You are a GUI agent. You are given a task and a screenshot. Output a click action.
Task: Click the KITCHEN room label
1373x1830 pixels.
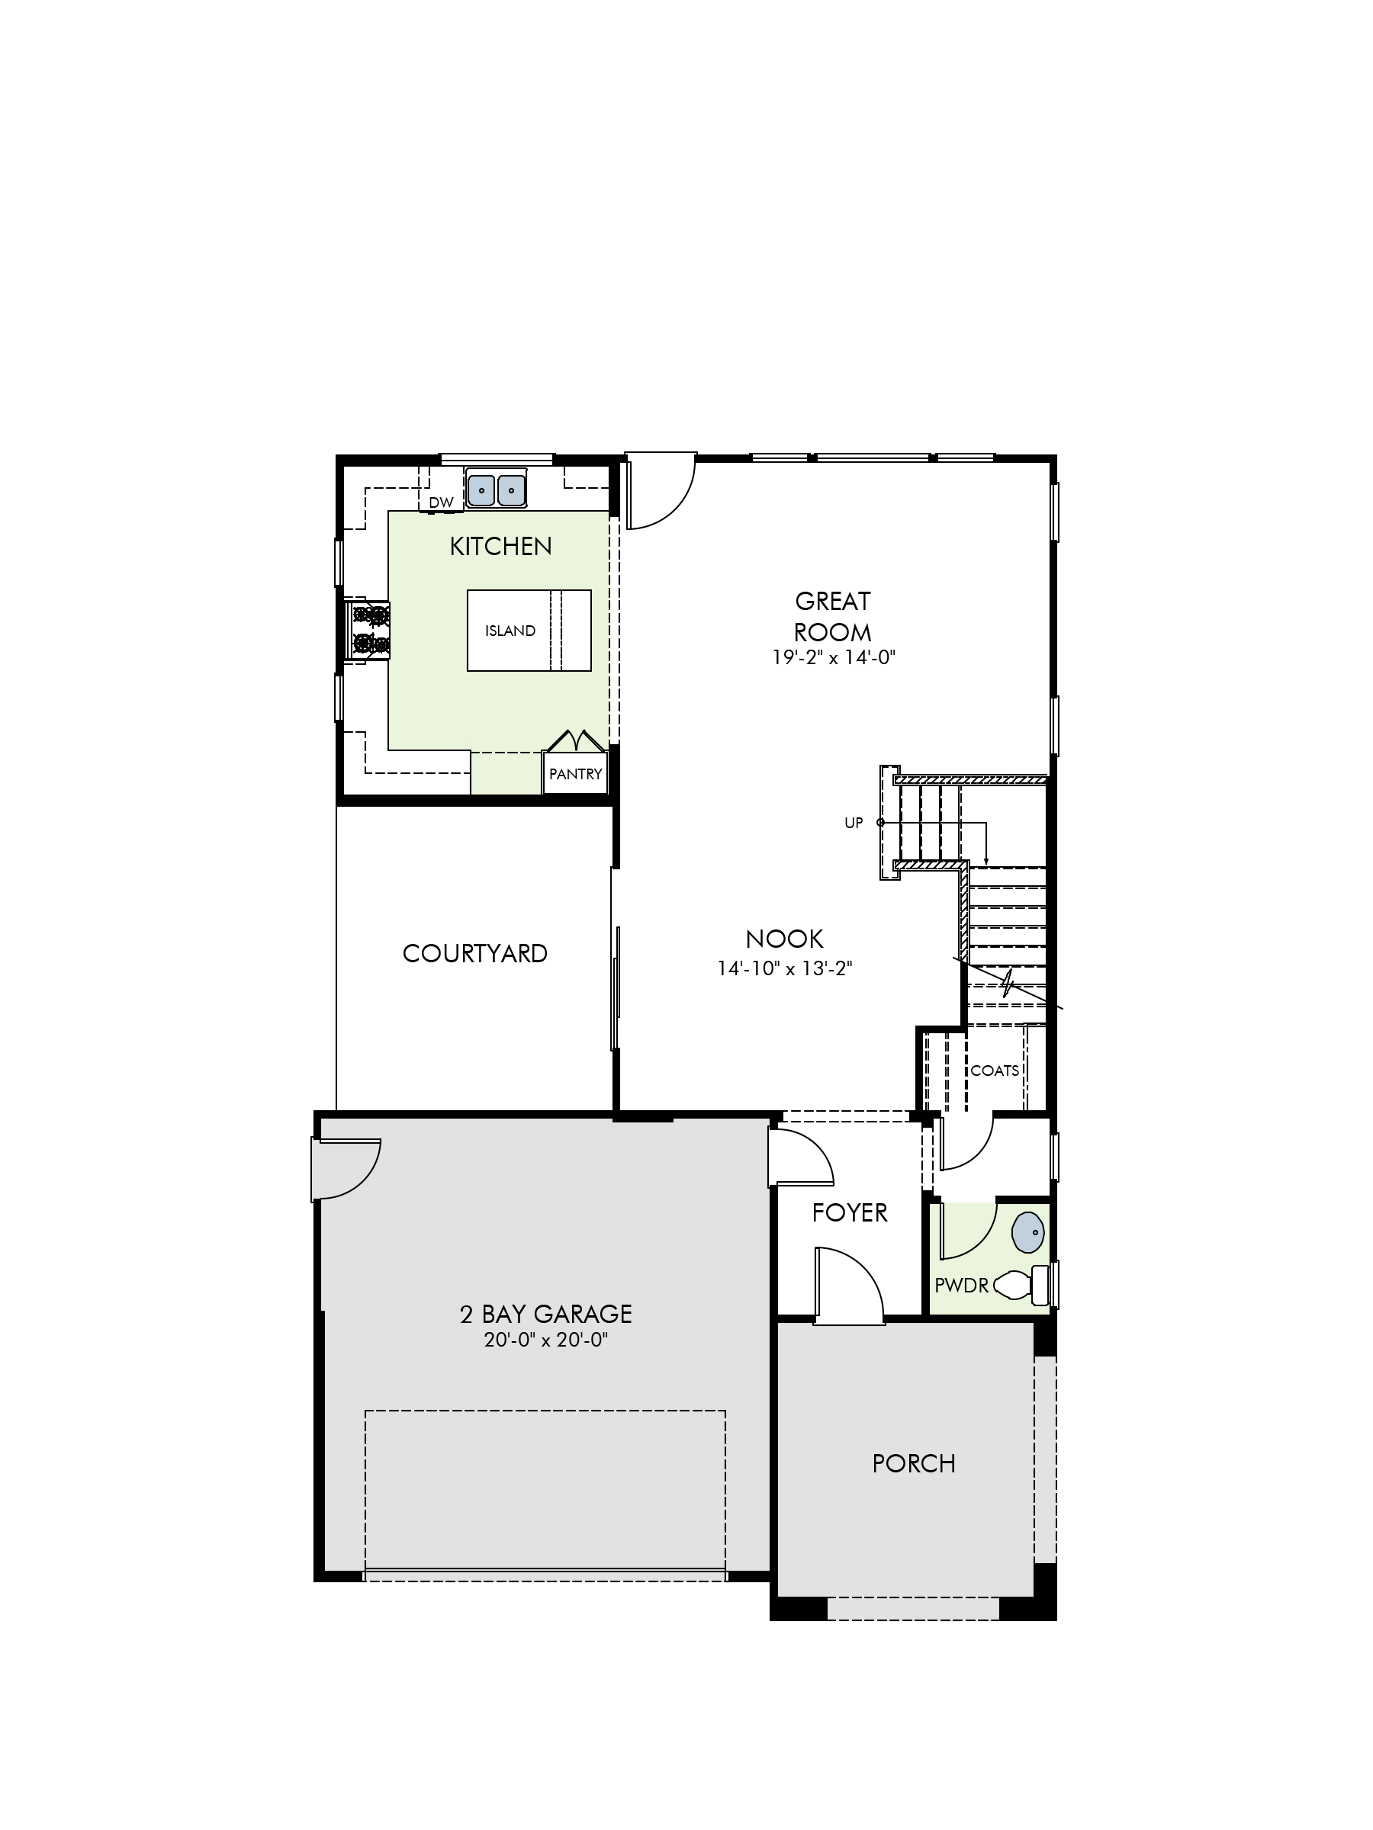(500, 546)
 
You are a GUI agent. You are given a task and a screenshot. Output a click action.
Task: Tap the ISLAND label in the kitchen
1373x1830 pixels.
(510, 631)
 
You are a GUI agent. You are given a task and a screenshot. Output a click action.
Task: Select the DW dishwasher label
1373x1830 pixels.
(441, 502)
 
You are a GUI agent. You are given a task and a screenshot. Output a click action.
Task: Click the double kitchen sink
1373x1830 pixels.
(496, 490)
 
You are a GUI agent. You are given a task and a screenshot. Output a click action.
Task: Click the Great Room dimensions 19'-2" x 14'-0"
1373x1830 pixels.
(834, 658)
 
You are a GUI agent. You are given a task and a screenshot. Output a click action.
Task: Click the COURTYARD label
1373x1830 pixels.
(475, 954)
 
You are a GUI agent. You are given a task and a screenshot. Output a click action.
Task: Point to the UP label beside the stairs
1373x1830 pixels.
(854, 823)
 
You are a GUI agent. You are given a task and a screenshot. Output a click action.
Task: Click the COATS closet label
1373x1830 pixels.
(994, 1071)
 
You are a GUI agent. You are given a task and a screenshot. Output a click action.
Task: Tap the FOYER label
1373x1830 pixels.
(849, 1213)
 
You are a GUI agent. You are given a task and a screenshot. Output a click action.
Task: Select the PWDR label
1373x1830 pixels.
(962, 1286)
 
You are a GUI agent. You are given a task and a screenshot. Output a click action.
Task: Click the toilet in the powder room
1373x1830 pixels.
(1021, 1284)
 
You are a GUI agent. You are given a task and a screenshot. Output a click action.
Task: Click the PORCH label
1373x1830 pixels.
(914, 1463)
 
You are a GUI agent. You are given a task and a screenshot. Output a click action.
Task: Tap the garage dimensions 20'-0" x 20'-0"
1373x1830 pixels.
(546, 1340)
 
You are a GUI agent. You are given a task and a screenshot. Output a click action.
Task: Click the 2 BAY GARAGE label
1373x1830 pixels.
(545, 1314)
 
